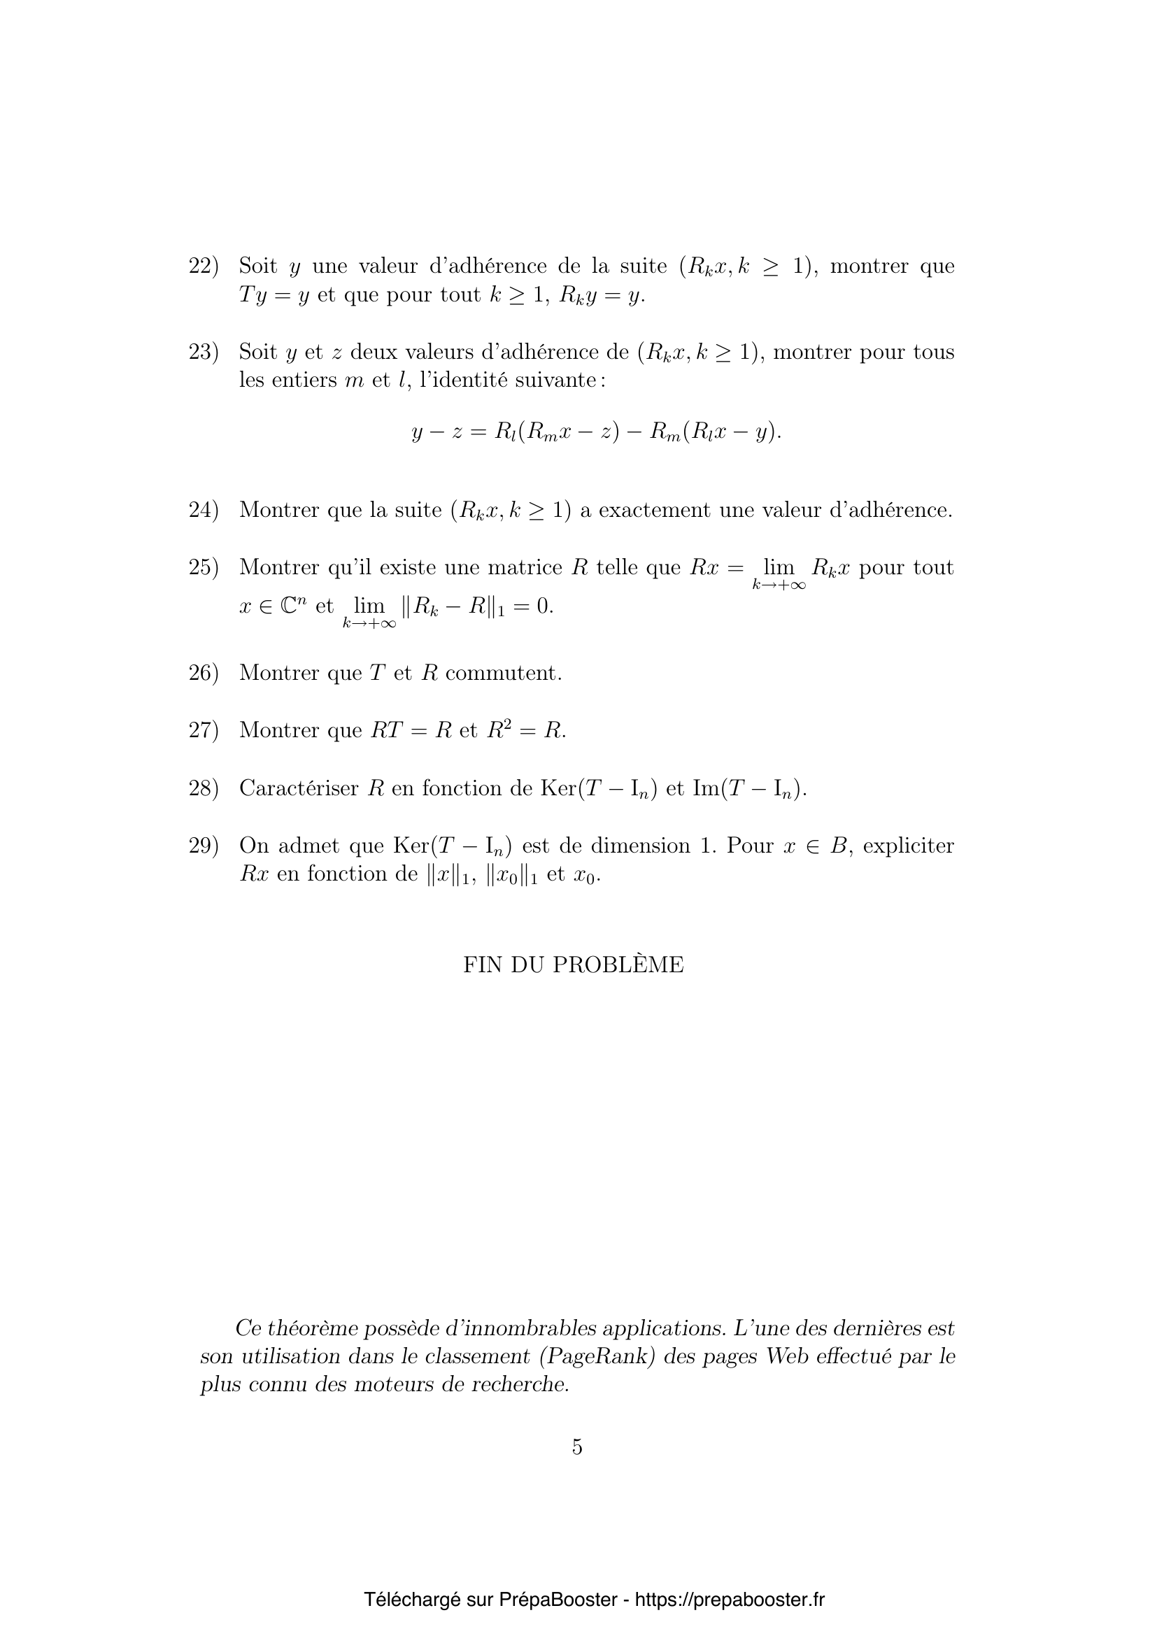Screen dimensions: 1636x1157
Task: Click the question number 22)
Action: pos(203,266)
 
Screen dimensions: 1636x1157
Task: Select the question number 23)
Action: pos(203,352)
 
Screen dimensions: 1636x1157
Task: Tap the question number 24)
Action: pos(203,510)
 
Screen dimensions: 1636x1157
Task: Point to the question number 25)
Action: pos(203,568)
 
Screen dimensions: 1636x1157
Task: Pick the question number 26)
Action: pos(203,673)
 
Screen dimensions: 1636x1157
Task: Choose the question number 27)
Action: pos(203,730)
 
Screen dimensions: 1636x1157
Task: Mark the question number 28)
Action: pos(203,788)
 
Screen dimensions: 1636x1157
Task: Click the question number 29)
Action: pos(203,846)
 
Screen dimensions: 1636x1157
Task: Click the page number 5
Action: pos(577,1447)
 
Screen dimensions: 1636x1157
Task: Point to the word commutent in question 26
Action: pos(503,673)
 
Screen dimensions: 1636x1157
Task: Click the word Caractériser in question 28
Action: pos(299,788)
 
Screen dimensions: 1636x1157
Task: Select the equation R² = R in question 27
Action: pos(526,730)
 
